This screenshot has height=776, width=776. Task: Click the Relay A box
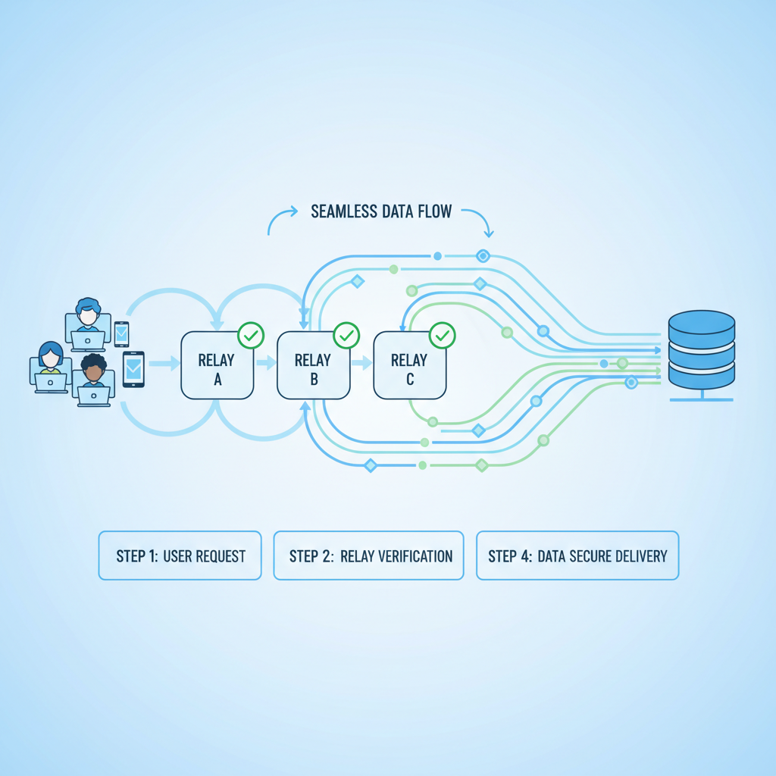[x=217, y=365]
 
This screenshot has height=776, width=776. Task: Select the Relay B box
[x=313, y=365]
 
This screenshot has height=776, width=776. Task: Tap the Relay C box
[x=409, y=365]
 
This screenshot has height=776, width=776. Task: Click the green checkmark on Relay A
[x=251, y=334]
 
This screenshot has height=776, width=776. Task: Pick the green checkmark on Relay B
[x=346, y=334]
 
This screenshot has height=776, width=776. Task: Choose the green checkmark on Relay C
[x=443, y=334]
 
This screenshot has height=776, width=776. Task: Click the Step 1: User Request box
[x=180, y=555]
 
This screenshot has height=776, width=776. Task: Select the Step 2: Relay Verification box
[x=368, y=555]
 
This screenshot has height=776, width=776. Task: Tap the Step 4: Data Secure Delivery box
[x=577, y=555]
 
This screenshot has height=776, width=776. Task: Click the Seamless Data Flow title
[x=381, y=211]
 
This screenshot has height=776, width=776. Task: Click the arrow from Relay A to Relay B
[x=266, y=364]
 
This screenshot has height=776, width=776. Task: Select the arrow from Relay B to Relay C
[x=362, y=364]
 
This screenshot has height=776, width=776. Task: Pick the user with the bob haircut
[x=51, y=367]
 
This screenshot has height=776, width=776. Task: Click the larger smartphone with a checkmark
[x=133, y=369]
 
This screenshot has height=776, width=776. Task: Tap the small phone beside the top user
[x=121, y=334]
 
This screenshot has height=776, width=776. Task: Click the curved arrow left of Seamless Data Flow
[x=281, y=221]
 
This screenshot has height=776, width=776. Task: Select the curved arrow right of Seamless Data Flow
[x=480, y=221]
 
